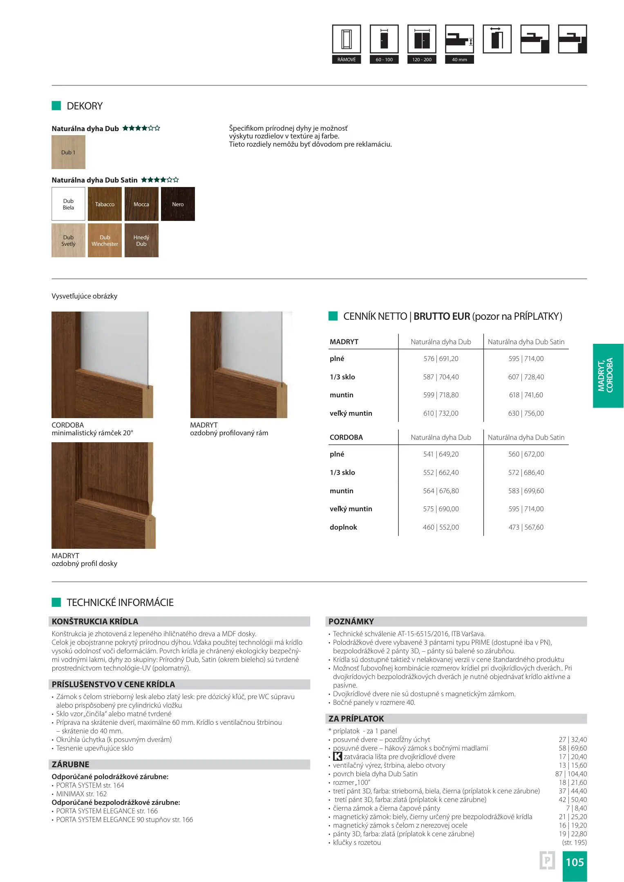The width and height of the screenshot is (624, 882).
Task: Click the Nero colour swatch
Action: click(x=178, y=204)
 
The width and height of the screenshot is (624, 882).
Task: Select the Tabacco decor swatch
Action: click(x=105, y=204)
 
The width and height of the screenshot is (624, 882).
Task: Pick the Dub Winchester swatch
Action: click(x=105, y=240)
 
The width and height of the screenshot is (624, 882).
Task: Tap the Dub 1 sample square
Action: click(x=68, y=152)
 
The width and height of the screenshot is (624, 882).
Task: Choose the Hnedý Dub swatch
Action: click(x=141, y=240)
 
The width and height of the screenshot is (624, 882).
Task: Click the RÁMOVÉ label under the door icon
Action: click(x=347, y=60)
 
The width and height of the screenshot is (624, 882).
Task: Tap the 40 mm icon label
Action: click(x=459, y=60)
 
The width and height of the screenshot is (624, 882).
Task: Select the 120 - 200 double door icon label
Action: click(x=422, y=60)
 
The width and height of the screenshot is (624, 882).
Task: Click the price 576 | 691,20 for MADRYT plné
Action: click(x=441, y=359)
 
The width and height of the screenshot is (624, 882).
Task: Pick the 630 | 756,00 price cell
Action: click(x=526, y=413)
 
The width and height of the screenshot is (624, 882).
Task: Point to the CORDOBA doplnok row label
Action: click(x=343, y=527)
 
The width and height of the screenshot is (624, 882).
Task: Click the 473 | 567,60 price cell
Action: click(x=526, y=527)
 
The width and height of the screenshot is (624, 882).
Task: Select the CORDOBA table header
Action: click(x=346, y=437)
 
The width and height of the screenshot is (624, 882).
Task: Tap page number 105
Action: click(x=575, y=862)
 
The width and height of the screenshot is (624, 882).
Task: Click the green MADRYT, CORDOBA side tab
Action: click(x=608, y=375)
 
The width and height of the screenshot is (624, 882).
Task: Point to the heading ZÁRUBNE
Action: click(x=70, y=764)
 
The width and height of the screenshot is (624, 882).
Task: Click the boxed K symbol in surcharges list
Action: click(x=338, y=757)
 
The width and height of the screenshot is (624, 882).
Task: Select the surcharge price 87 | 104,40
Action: click(x=571, y=774)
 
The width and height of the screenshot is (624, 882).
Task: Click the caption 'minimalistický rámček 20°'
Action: click(x=92, y=433)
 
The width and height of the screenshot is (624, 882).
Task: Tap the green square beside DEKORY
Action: click(x=56, y=106)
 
